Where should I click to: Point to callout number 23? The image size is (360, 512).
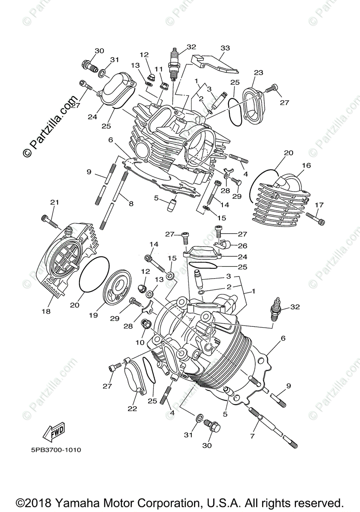[259, 73]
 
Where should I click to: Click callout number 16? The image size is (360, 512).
[306, 166]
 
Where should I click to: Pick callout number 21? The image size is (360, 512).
[54, 202]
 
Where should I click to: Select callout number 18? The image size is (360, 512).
[46, 311]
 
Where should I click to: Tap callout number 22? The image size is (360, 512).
[132, 408]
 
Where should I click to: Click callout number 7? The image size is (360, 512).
[252, 436]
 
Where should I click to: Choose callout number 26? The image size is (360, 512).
[243, 246]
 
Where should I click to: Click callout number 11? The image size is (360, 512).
[159, 69]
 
